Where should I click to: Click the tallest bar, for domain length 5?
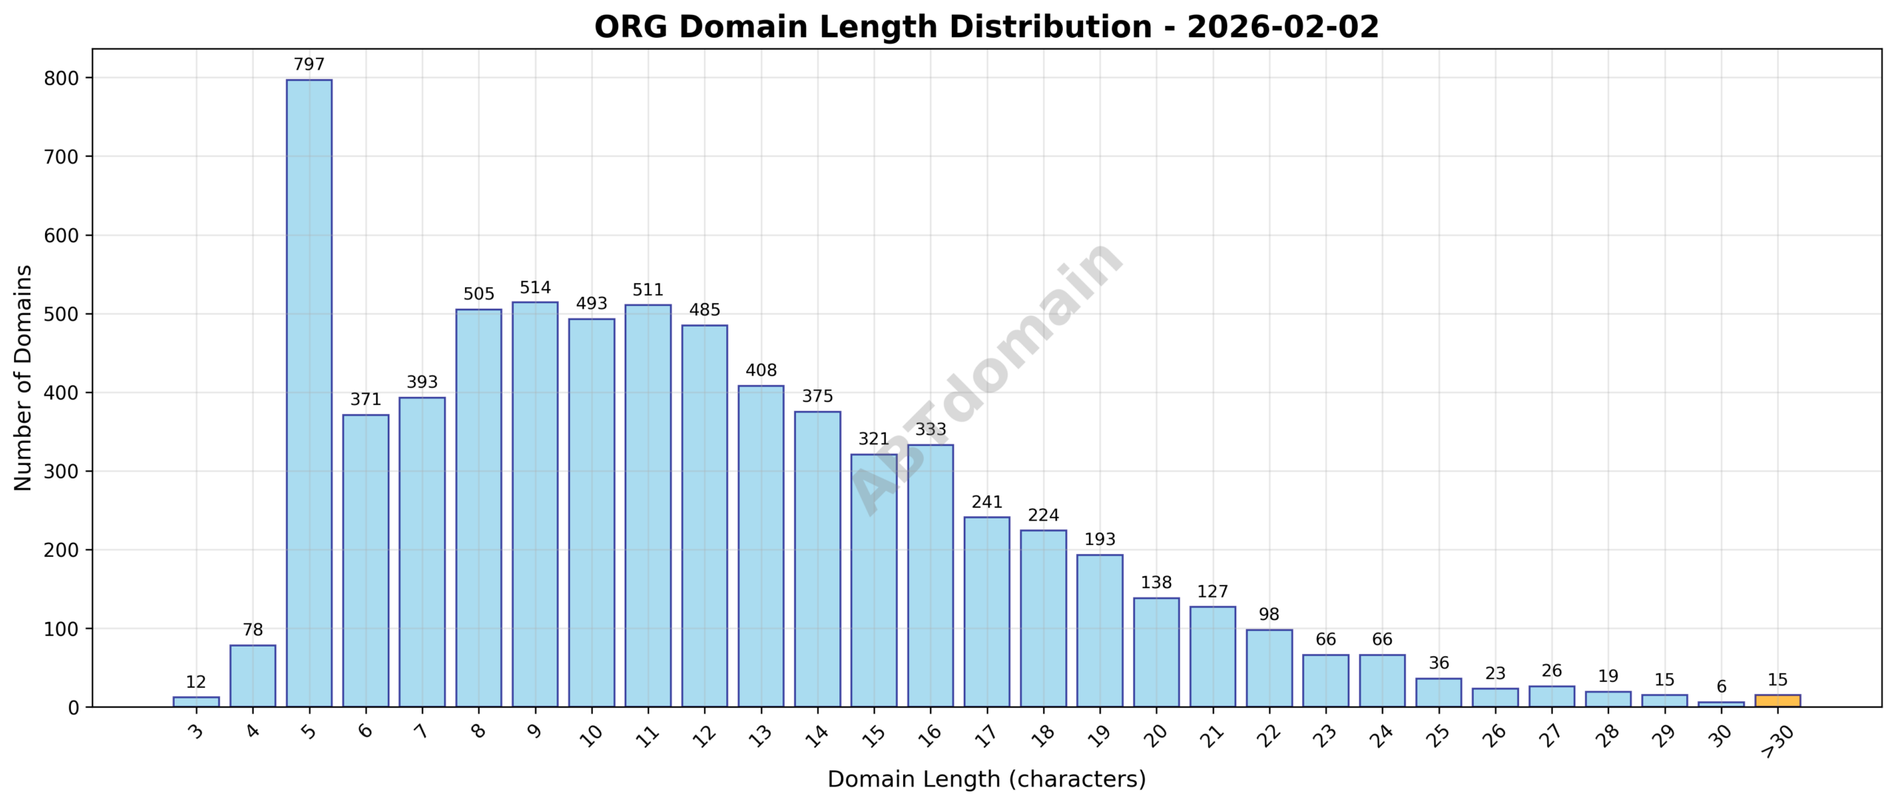click(x=309, y=393)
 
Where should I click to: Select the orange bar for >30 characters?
click(x=1777, y=701)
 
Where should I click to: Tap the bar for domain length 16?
click(x=930, y=576)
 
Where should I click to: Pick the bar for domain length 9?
click(x=535, y=504)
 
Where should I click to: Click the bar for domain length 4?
click(x=252, y=676)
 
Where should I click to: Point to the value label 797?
click(x=309, y=64)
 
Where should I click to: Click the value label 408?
click(x=761, y=370)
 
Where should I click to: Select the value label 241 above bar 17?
click(x=987, y=502)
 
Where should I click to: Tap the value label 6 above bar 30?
click(x=1721, y=687)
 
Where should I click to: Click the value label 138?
click(x=1156, y=583)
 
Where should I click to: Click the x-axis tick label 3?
click(x=195, y=732)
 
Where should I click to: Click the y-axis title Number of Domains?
click(x=23, y=378)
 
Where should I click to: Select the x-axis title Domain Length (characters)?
click(x=986, y=779)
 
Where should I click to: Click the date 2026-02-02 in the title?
click(x=1283, y=27)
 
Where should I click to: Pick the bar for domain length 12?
click(x=705, y=515)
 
